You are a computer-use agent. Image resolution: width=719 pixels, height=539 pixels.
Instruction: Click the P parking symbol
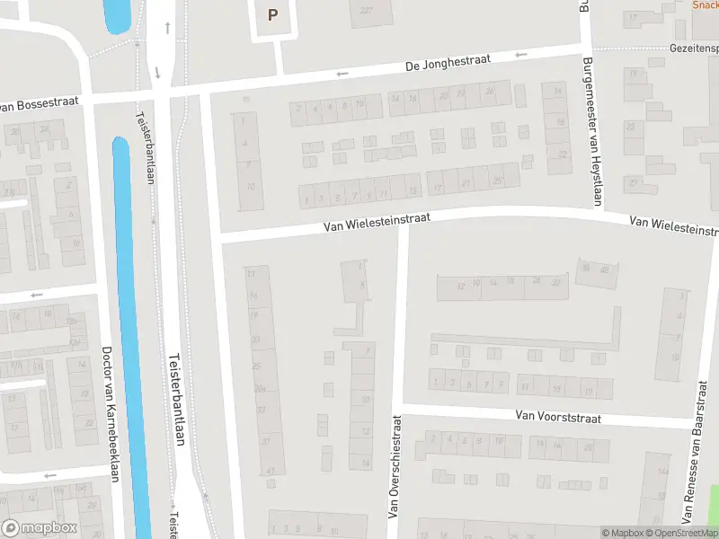tap(272, 15)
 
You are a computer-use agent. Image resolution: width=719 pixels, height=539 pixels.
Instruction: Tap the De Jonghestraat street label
tap(447, 63)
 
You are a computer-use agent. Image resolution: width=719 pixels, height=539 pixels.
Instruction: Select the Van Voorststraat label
tap(558, 416)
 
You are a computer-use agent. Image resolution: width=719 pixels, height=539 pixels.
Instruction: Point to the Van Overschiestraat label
tap(393, 465)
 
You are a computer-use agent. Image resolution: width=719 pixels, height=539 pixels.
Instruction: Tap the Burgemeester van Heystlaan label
tap(590, 130)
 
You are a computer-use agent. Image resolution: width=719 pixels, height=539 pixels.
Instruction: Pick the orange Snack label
tap(705, 4)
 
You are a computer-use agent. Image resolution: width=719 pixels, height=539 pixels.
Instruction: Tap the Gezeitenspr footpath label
tap(694, 47)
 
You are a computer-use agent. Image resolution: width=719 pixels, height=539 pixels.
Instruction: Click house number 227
tap(366, 11)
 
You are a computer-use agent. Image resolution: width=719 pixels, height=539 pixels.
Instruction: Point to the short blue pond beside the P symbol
tap(117, 15)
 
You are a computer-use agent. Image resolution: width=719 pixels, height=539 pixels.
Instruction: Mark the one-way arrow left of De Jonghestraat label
tap(342, 74)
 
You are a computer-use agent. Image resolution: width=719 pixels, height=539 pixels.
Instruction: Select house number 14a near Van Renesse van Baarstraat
tap(663, 471)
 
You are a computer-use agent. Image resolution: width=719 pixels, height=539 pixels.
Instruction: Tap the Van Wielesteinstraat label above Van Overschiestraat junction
tap(377, 222)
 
